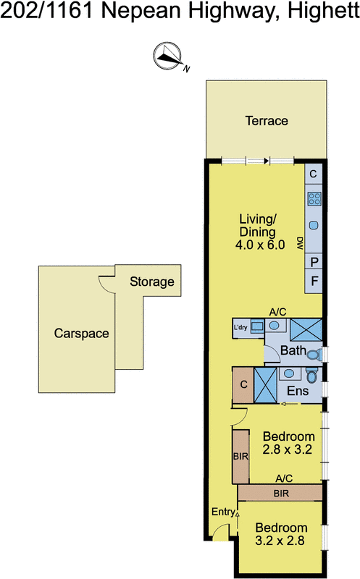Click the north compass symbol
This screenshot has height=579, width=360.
tap(167, 56)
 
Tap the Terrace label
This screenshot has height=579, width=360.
tap(267, 121)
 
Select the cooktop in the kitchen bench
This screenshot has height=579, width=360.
tap(314, 198)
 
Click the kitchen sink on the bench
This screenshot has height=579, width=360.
tap(314, 225)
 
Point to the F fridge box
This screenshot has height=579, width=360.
tap(314, 282)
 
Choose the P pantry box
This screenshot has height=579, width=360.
tap(314, 262)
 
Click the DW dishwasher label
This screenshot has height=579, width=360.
tap(300, 243)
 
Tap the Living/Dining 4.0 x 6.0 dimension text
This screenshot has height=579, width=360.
tap(260, 245)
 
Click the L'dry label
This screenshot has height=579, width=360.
tap(240, 327)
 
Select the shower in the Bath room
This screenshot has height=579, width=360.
tap(306, 330)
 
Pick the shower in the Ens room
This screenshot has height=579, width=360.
tap(265, 385)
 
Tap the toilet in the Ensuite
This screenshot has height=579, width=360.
tap(311, 375)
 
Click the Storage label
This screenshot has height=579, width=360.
tap(152, 282)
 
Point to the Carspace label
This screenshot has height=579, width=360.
tap(81, 334)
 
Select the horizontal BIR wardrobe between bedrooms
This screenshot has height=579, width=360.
tap(280, 493)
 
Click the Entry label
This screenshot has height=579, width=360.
tap(223, 512)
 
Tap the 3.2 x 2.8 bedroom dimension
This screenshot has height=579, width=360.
tap(280, 541)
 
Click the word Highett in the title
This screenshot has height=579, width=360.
tap(323, 11)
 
